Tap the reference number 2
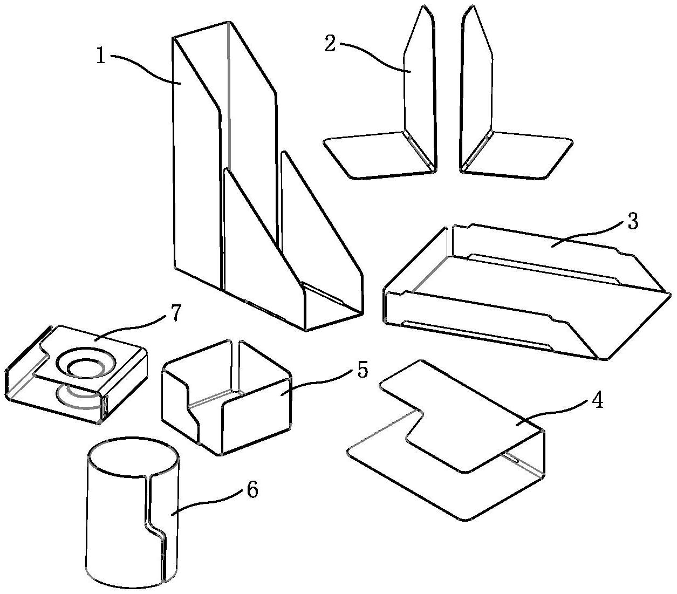(330, 44)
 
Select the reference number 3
(633, 222)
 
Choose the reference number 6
(251, 490)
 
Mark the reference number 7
(176, 314)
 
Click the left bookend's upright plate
(420, 81)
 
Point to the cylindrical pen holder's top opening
(134, 458)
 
